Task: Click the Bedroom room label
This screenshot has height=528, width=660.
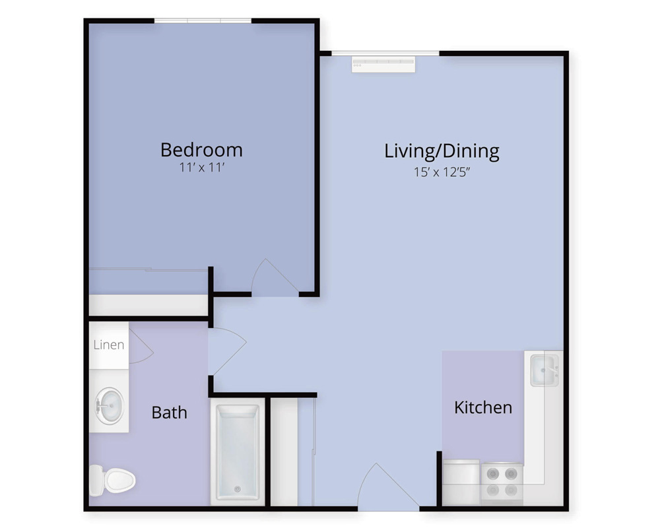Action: coord(201,150)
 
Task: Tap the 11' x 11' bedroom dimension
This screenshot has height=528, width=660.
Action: coord(201,168)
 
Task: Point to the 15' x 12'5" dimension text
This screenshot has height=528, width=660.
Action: coord(442,172)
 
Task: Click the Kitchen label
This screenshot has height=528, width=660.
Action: coord(483,408)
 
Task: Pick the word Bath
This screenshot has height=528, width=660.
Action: coord(169,412)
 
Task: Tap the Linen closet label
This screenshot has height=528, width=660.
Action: coord(109,345)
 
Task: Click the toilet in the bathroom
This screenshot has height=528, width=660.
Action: coord(112,480)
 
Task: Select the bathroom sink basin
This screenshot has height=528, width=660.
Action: coord(110,406)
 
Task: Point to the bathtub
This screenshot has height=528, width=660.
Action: coord(238,452)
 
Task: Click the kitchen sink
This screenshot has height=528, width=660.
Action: coord(544,370)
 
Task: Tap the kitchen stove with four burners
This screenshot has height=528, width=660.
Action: coord(502,482)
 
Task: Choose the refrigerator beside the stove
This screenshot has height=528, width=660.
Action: coord(461,482)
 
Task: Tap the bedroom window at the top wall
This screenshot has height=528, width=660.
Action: coord(203,20)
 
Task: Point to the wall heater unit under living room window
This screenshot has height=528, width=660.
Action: coord(383,64)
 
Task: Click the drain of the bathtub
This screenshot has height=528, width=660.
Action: coord(238,489)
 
